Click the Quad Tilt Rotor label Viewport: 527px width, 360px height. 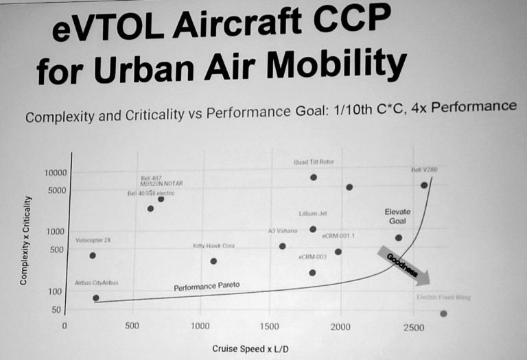click(x=314, y=163)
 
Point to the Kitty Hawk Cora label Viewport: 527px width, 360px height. click(x=213, y=245)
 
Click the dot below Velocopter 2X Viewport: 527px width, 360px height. click(x=93, y=256)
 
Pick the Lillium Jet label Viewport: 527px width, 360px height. click(x=312, y=214)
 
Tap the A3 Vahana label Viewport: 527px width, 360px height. click(x=283, y=230)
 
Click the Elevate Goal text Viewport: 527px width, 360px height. click(x=397, y=217)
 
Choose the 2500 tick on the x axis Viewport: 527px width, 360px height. click(x=414, y=326)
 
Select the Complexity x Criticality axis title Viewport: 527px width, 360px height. click(x=25, y=240)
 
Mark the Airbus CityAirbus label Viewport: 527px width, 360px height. click(x=97, y=283)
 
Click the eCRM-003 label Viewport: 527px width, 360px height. click(x=312, y=256)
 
